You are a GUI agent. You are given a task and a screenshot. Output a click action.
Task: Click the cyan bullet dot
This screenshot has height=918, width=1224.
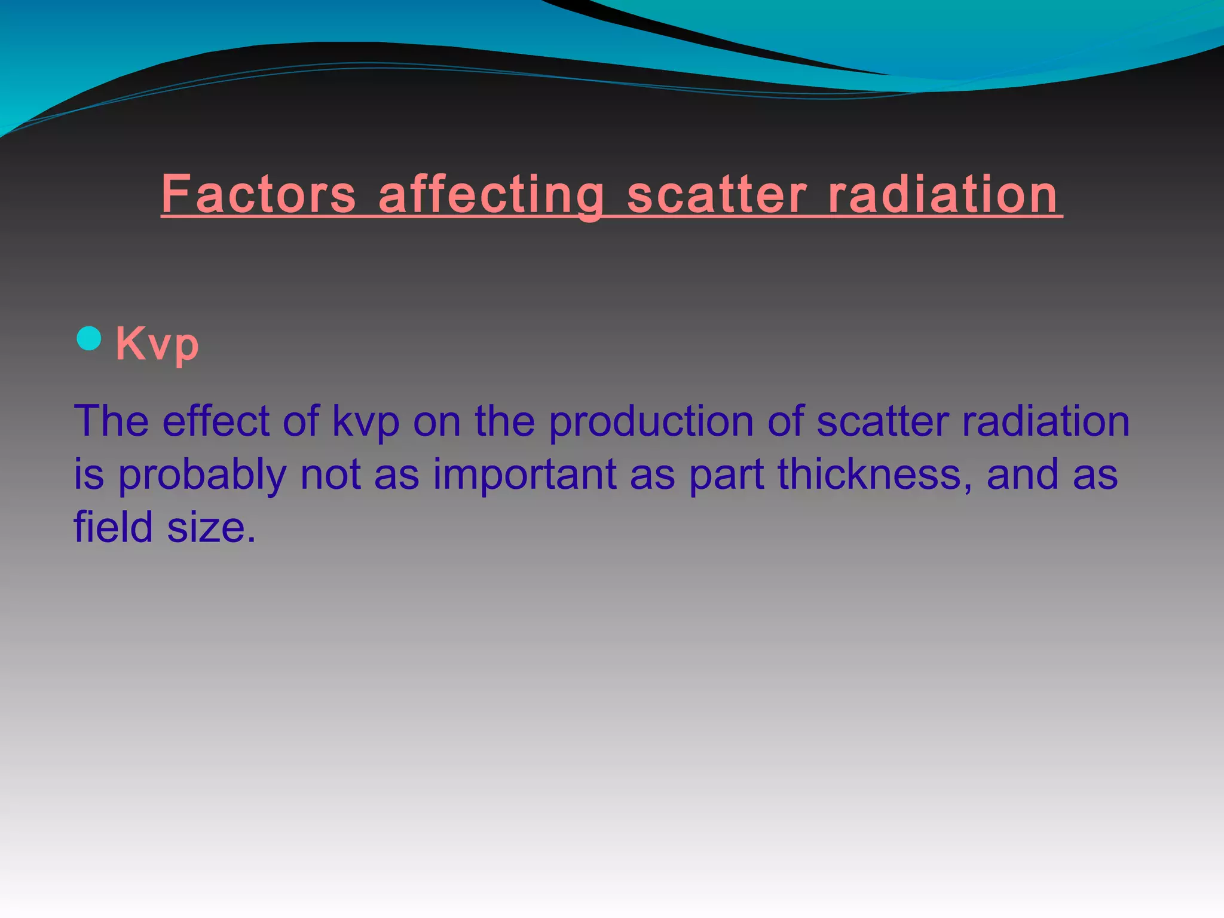[89, 338]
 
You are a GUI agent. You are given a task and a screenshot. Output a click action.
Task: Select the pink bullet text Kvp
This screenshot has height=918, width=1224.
[157, 344]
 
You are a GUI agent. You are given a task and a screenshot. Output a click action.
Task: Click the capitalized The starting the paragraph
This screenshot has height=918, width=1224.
[111, 421]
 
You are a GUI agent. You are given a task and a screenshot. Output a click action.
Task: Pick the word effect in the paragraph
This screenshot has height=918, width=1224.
[216, 421]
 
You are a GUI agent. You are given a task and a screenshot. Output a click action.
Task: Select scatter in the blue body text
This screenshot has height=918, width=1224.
[882, 421]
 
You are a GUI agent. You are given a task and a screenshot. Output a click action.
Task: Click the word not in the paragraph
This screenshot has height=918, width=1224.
[330, 475]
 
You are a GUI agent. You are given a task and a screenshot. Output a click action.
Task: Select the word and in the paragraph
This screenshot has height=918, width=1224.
[1022, 475]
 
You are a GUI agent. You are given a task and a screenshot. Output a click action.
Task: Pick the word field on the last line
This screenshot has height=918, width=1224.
[113, 527]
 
